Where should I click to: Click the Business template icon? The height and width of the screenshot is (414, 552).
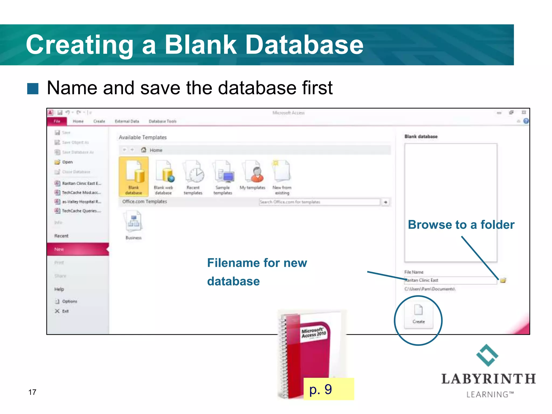point(133,221)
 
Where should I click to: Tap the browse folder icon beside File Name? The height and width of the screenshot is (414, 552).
point(503,280)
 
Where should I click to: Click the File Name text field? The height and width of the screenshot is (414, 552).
point(450,280)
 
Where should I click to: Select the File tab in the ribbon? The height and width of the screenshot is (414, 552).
point(57,121)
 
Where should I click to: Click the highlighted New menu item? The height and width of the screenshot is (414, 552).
point(78,249)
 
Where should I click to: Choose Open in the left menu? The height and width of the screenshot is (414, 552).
point(67,162)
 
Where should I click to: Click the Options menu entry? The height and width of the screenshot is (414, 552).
point(69,301)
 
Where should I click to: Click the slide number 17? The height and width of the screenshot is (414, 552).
point(32,392)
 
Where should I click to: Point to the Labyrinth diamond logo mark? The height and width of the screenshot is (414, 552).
point(487,355)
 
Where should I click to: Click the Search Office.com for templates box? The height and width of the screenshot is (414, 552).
point(319,202)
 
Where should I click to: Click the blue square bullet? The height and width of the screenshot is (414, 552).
point(33,88)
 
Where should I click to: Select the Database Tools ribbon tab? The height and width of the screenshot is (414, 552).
point(163,121)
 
